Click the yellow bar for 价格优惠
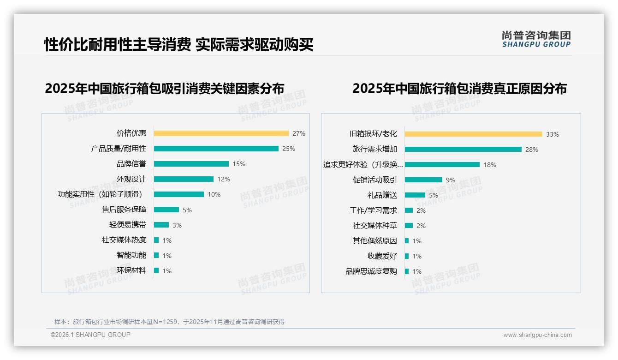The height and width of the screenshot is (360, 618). click(x=221, y=133)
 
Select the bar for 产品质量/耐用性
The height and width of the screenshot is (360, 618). click(x=216, y=149)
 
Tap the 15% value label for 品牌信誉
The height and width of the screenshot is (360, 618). click(x=239, y=164)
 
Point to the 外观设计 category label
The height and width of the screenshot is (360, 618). click(x=131, y=179)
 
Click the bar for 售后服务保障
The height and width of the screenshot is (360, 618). click(x=166, y=210)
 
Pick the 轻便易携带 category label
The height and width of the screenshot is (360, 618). click(x=127, y=225)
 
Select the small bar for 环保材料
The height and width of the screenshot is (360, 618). click(x=156, y=270)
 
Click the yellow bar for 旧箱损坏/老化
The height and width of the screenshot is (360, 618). click(x=474, y=134)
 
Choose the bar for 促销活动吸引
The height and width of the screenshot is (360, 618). click(x=423, y=180)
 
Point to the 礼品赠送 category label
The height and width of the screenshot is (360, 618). click(x=382, y=195)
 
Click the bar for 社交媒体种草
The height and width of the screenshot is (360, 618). click(x=409, y=226)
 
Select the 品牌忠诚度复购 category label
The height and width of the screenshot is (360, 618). click(x=371, y=271)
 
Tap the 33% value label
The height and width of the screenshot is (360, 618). click(x=552, y=134)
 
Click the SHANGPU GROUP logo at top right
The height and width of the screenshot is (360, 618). click(x=536, y=39)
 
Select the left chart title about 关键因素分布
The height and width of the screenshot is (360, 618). click(x=164, y=88)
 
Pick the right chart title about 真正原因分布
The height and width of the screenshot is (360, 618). click(x=459, y=88)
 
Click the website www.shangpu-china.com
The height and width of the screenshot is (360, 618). click(x=537, y=335)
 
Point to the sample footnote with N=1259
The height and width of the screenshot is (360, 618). click(x=169, y=322)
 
